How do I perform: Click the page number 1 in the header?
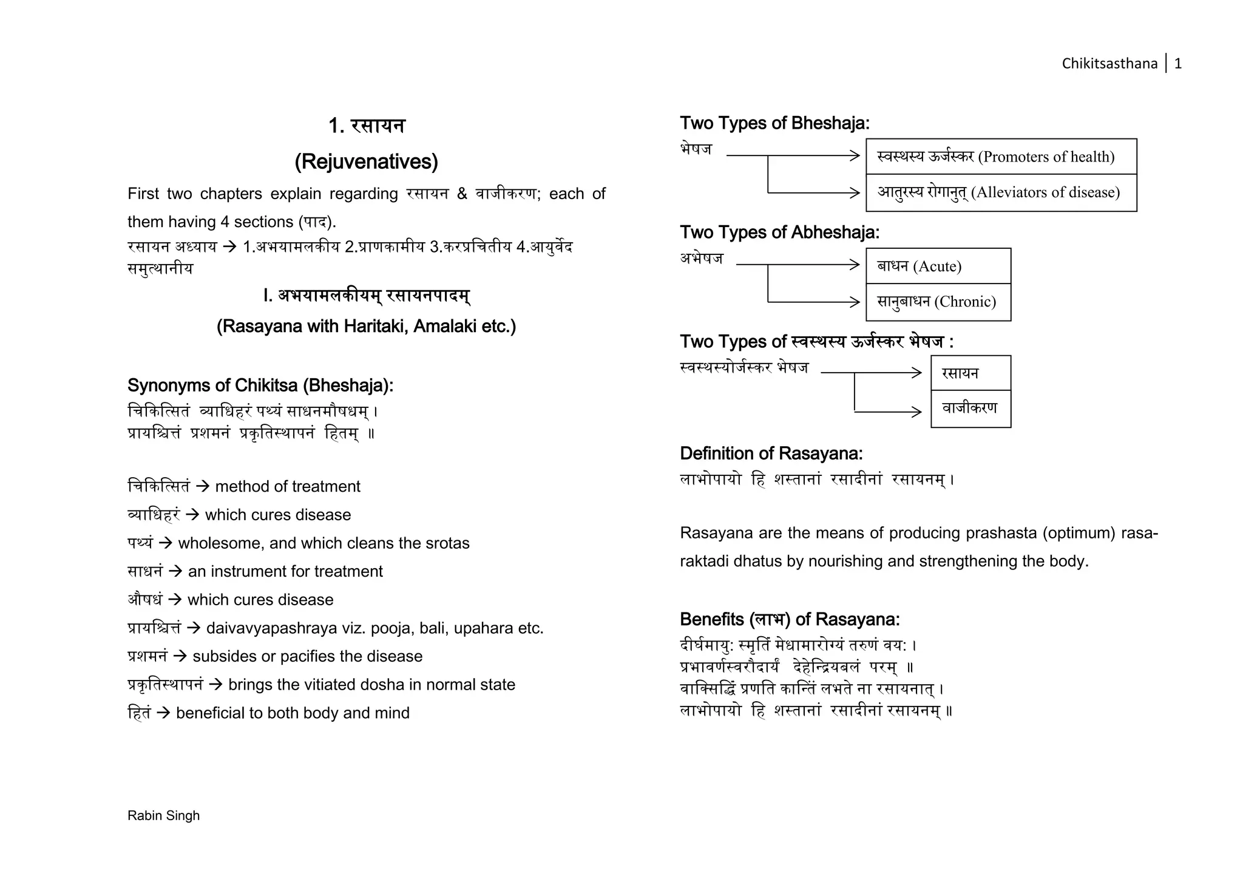click(x=1177, y=64)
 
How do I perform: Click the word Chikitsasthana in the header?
click(x=1109, y=64)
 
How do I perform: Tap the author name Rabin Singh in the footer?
click(x=163, y=815)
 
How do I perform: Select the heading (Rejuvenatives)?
click(x=366, y=161)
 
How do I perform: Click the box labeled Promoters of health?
click(x=1001, y=157)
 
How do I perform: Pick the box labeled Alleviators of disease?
click(x=1001, y=192)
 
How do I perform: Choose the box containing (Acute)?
click(x=938, y=266)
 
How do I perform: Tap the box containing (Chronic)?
click(x=938, y=302)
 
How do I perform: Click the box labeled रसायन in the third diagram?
click(x=970, y=373)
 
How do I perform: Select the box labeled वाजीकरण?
click(x=970, y=409)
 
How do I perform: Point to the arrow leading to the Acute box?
click(x=799, y=265)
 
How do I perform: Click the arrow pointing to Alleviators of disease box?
click(x=813, y=192)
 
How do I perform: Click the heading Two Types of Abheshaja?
click(x=779, y=232)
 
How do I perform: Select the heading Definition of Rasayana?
click(x=771, y=453)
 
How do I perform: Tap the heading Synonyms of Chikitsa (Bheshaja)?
click(x=260, y=385)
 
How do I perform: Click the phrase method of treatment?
click(x=288, y=486)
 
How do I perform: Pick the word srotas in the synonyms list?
click(x=449, y=543)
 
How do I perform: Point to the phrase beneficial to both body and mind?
click(x=293, y=713)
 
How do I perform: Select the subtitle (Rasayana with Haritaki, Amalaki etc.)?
click(x=366, y=327)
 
